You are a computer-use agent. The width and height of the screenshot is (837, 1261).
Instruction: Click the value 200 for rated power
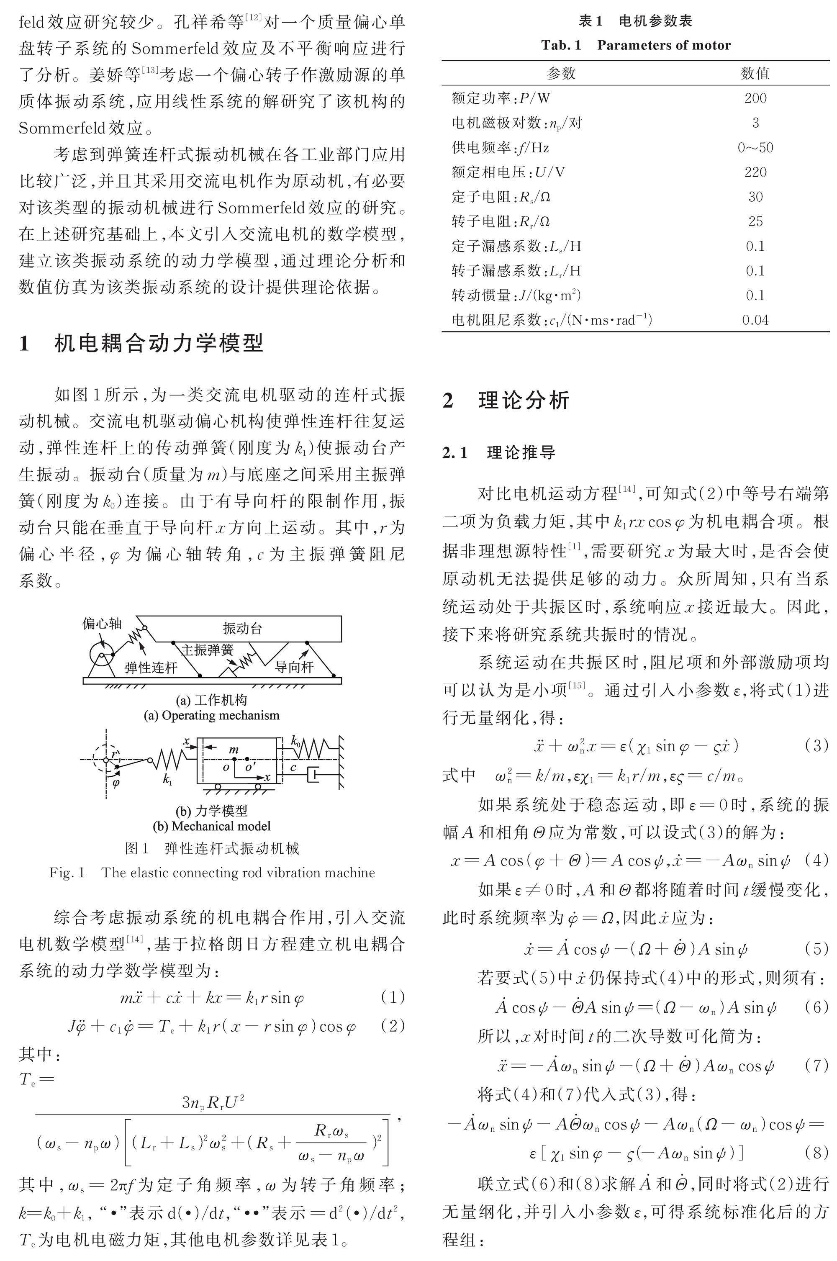coord(755,98)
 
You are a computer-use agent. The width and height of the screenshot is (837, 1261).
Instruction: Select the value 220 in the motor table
coord(755,172)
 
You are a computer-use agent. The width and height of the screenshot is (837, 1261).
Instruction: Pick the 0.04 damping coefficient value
coord(755,320)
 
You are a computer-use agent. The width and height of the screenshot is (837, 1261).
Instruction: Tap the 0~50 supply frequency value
coord(755,147)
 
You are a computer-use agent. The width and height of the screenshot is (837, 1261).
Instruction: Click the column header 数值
coord(755,73)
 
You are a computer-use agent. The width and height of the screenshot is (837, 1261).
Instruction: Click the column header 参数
coord(560,73)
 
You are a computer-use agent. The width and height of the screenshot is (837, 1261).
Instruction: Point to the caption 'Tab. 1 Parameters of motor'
coord(635,45)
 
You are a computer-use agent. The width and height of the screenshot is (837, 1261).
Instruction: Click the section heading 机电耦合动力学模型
coord(159,343)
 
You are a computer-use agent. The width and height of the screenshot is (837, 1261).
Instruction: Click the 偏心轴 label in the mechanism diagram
coord(102,624)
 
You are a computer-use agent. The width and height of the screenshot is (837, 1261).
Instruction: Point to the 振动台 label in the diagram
coord(242,628)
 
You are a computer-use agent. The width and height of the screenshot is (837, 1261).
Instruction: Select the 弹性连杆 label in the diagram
coord(151,668)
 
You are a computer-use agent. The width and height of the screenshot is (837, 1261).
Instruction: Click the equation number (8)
coord(816,1153)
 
